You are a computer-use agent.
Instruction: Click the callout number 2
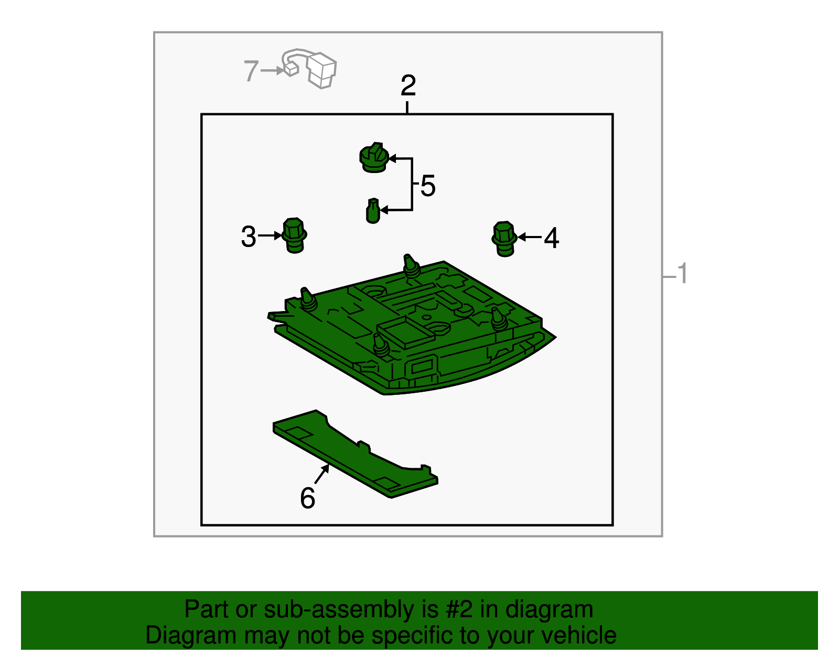coord(408,85)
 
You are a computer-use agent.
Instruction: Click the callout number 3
coord(248,236)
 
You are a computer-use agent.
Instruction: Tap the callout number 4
coord(551,238)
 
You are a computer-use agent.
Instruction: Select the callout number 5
coord(428,186)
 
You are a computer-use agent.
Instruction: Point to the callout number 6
coord(307,498)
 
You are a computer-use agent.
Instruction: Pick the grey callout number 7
coord(251,71)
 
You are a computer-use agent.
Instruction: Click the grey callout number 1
coord(682,273)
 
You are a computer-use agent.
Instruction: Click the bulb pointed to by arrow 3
coord(295,235)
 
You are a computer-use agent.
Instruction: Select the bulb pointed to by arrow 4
coord(504,239)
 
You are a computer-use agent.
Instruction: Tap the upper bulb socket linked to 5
coord(374,157)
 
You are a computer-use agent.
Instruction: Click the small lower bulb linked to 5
coord(373,211)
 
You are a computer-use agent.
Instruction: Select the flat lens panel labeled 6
coord(355,454)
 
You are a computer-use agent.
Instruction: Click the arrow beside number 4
coord(529,237)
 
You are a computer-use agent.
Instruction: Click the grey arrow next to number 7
coord(273,71)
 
